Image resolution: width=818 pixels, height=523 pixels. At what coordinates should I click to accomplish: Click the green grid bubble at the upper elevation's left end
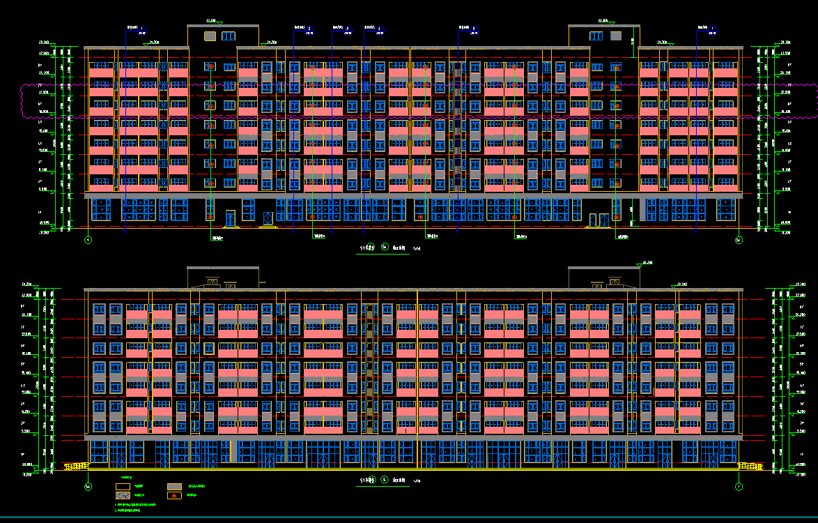[x=88, y=240]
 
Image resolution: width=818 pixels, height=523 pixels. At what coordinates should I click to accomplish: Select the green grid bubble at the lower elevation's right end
[x=739, y=486]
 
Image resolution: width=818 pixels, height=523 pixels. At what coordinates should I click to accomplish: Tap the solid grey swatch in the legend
[x=174, y=486]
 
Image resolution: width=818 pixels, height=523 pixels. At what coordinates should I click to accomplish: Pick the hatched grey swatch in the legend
[x=123, y=495]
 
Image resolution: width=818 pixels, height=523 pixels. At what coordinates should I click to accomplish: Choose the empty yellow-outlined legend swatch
[x=123, y=486]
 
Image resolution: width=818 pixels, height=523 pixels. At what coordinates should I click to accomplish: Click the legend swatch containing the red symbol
[x=174, y=495]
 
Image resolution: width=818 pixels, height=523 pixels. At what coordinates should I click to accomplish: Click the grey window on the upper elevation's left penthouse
[x=210, y=36]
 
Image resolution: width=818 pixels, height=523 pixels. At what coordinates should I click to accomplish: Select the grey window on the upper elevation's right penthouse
[x=615, y=36]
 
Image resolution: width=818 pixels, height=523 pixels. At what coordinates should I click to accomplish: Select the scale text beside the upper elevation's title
[x=417, y=248]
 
